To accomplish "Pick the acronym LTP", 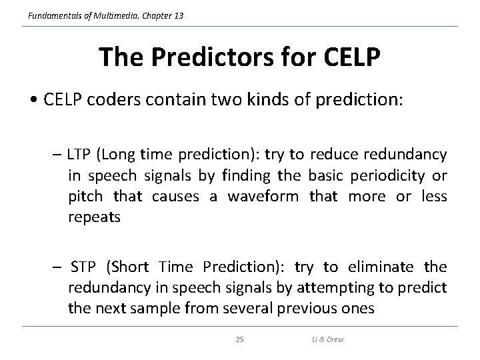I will (x=81, y=155).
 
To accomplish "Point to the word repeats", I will (x=95, y=218).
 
